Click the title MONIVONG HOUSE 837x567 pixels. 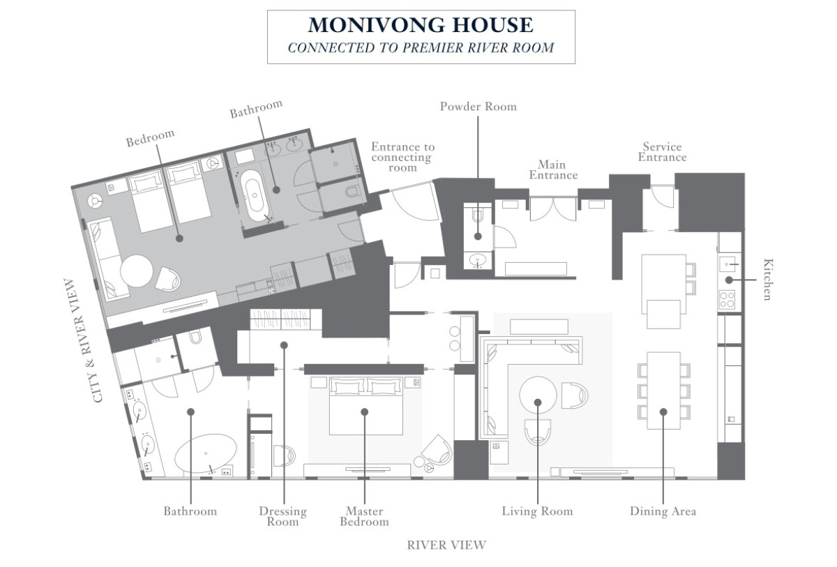point(421,25)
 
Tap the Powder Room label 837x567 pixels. point(478,107)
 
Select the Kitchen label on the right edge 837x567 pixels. point(767,280)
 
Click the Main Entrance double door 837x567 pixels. point(553,209)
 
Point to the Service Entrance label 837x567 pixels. point(662,151)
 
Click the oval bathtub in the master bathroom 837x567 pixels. point(206,453)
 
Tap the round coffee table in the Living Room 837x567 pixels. point(538,395)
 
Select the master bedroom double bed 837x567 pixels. point(365,406)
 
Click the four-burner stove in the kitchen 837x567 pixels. point(727,300)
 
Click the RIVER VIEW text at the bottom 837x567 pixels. point(446,545)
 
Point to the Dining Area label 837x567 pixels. point(663,511)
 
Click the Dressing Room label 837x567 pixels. point(283,516)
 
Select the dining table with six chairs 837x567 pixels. point(663,391)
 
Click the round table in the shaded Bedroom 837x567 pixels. point(137,271)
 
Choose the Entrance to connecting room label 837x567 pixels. point(403,157)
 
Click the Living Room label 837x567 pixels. point(537,511)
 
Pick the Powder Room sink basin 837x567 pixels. point(478,259)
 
